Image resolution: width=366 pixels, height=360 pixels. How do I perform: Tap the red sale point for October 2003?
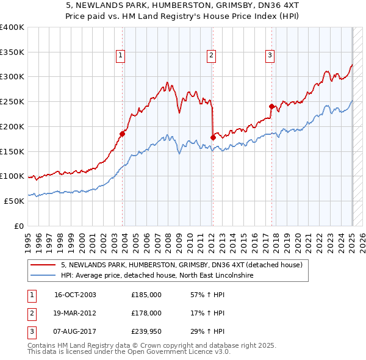pyautogui.click(x=123, y=134)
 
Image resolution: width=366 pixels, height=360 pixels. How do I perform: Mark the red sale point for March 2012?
pyautogui.click(x=213, y=138)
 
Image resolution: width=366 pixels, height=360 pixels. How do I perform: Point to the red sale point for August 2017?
pyautogui.click(x=271, y=106)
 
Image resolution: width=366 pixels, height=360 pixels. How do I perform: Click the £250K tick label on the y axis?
pyautogui.click(x=12, y=101)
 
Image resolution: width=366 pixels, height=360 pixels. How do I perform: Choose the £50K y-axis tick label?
pyautogui.click(x=15, y=201)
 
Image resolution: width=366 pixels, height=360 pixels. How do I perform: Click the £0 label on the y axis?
pyautogui.click(x=19, y=226)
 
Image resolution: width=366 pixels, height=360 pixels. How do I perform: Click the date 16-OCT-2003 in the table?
pyautogui.click(x=75, y=295)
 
